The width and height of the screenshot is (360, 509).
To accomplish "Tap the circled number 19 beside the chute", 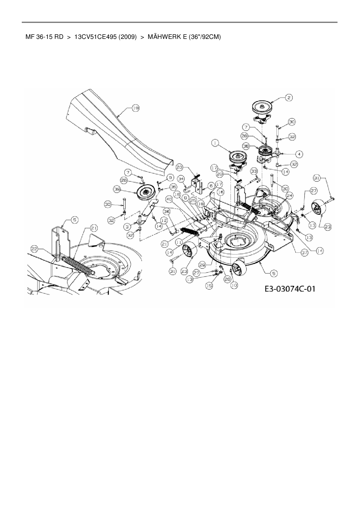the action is click(135, 108).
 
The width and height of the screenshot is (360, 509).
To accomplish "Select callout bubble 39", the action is click(117, 189).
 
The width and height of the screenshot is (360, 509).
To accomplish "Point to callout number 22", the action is click(35, 248).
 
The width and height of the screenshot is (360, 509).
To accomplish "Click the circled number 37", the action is click(304, 253).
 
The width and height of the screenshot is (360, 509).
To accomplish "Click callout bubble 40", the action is click(169, 199).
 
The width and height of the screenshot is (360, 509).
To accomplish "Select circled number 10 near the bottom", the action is click(234, 285).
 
